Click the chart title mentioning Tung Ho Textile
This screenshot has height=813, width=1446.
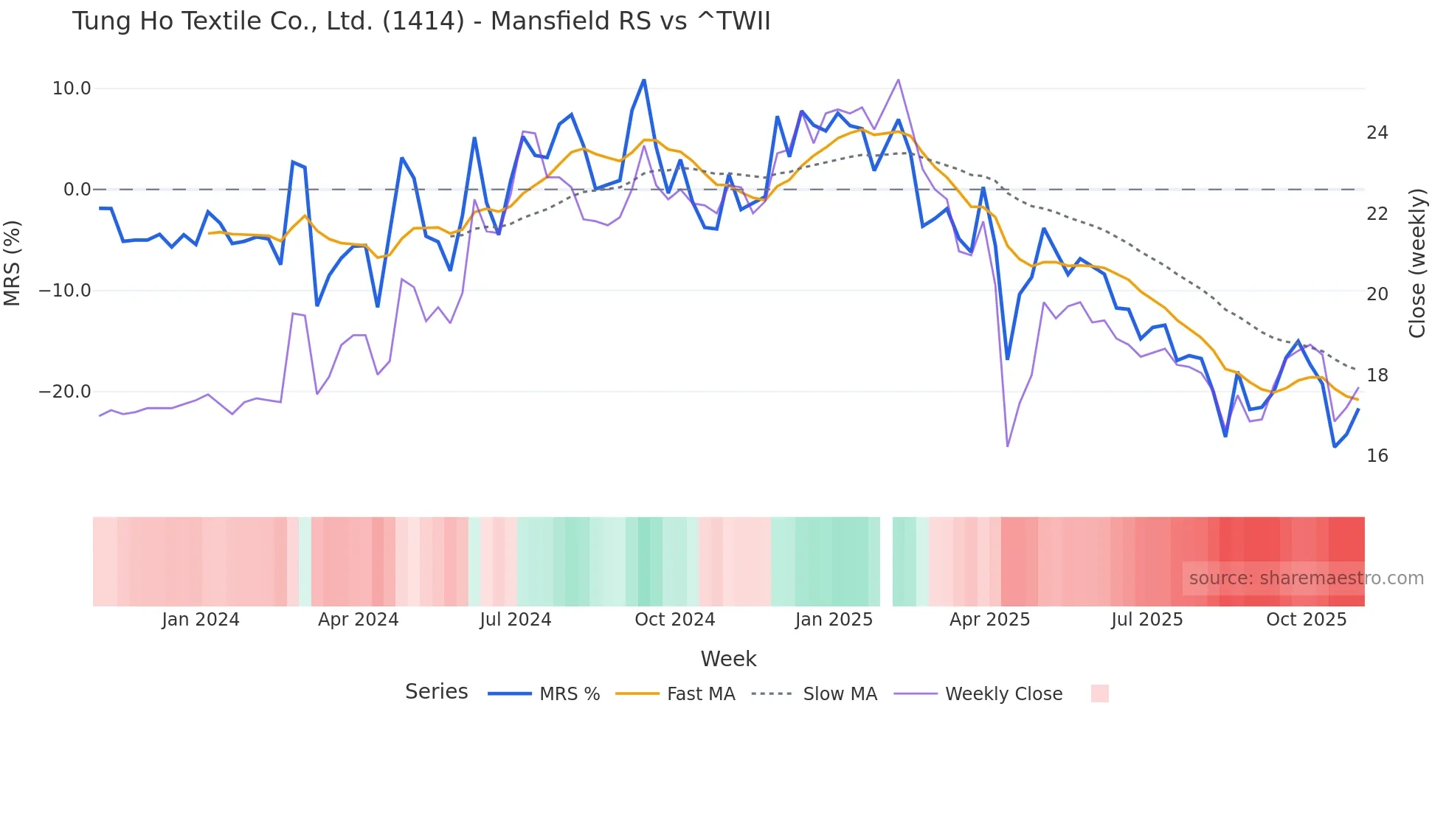[421, 21]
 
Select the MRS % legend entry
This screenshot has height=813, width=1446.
[569, 694]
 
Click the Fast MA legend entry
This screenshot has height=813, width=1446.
[700, 694]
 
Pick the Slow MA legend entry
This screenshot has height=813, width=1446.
[840, 694]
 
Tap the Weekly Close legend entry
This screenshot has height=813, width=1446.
[1003, 694]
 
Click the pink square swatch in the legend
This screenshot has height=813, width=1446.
[1099, 693]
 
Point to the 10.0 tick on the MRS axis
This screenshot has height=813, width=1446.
[72, 89]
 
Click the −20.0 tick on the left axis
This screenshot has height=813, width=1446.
[65, 392]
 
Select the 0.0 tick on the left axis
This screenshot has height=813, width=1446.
[77, 190]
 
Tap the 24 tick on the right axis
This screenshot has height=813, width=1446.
[1377, 133]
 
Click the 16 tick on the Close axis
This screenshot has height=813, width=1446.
[1377, 456]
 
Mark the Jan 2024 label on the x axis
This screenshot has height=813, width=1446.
[201, 620]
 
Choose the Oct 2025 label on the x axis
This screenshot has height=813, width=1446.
[1306, 620]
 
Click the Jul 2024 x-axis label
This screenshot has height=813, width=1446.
[515, 620]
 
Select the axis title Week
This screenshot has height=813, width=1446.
[728, 659]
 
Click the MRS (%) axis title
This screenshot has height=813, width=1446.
[13, 263]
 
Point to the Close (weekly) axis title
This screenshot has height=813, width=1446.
[1416, 263]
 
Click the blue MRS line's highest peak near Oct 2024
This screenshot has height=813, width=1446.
[644, 80]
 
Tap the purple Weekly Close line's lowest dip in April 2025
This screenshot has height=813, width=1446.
[1007, 446]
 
